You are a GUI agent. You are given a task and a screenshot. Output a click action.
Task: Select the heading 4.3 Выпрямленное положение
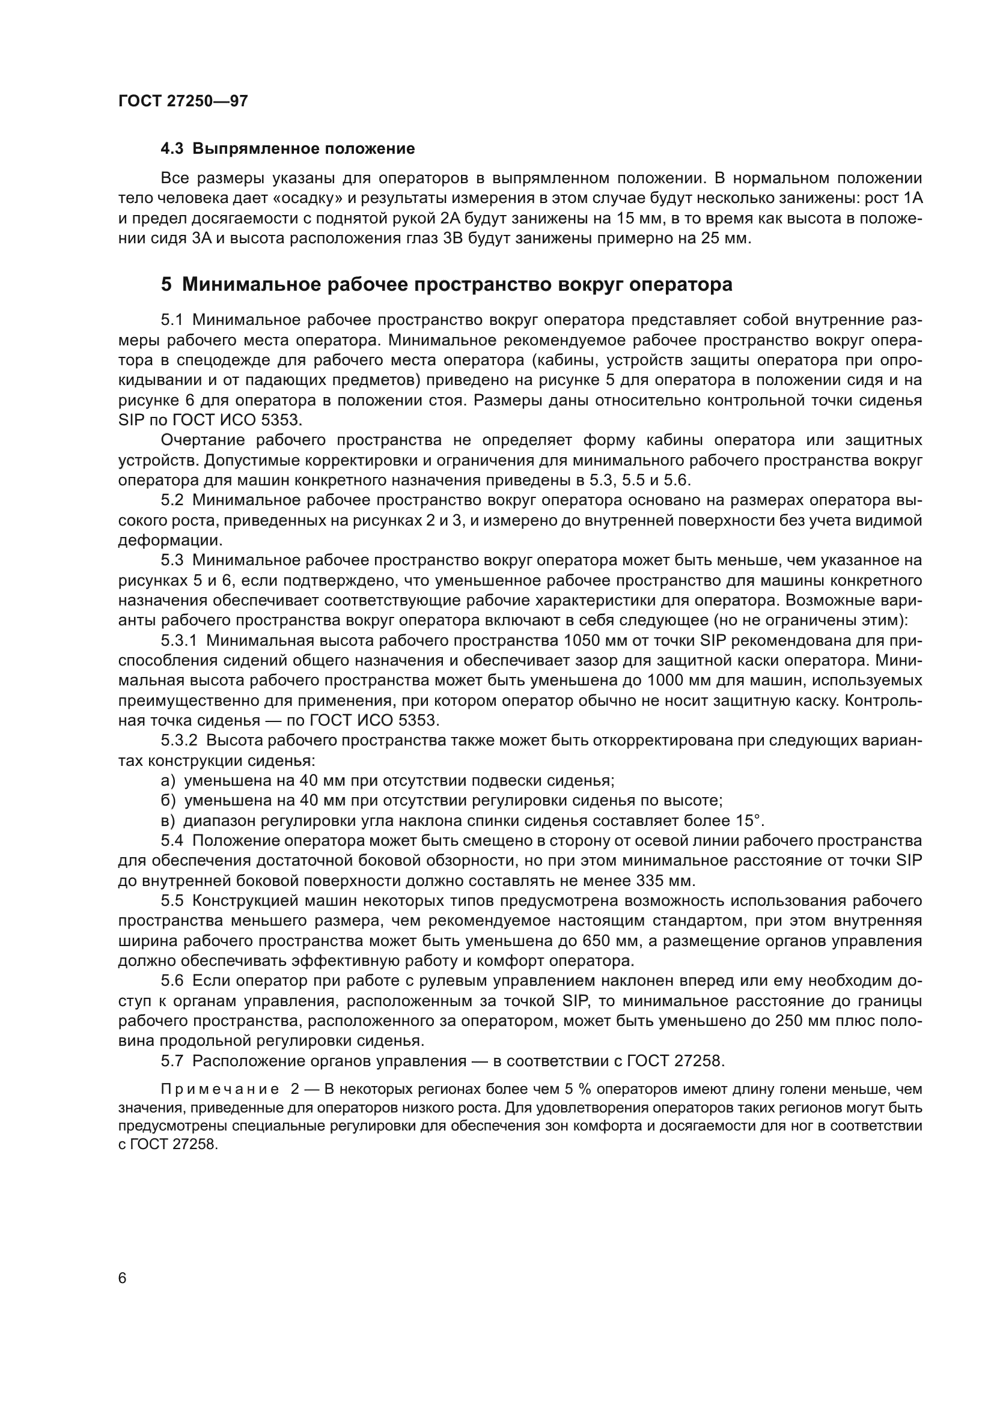tap(288, 149)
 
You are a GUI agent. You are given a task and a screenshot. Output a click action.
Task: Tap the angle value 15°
tap(751, 821)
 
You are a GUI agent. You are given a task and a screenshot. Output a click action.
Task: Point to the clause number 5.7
tap(172, 1061)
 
